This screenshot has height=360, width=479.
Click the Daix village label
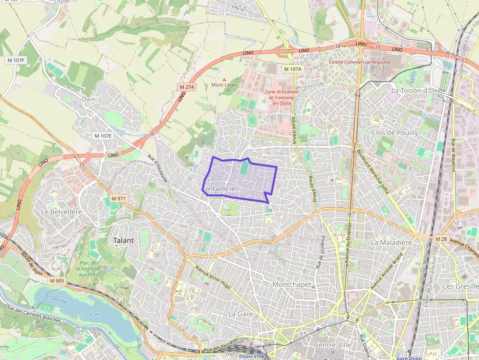(88, 99)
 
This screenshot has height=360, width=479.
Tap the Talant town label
(123, 240)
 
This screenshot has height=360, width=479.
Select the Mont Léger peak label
(224, 85)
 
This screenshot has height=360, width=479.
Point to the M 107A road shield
(293, 69)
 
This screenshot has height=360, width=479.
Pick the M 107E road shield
(103, 136)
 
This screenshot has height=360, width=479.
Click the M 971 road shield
(118, 199)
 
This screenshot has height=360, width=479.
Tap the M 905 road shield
(57, 281)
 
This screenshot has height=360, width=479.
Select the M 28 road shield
(440, 238)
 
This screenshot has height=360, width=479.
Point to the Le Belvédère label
(62, 212)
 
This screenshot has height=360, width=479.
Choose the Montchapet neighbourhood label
(292, 284)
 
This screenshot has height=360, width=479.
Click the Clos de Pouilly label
(395, 133)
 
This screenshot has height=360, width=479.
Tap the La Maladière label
(392, 242)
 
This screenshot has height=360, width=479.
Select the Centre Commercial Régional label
(360, 62)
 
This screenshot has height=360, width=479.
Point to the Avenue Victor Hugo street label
(212, 276)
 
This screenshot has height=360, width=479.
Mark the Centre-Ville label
(332, 345)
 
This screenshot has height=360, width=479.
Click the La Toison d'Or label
(414, 90)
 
